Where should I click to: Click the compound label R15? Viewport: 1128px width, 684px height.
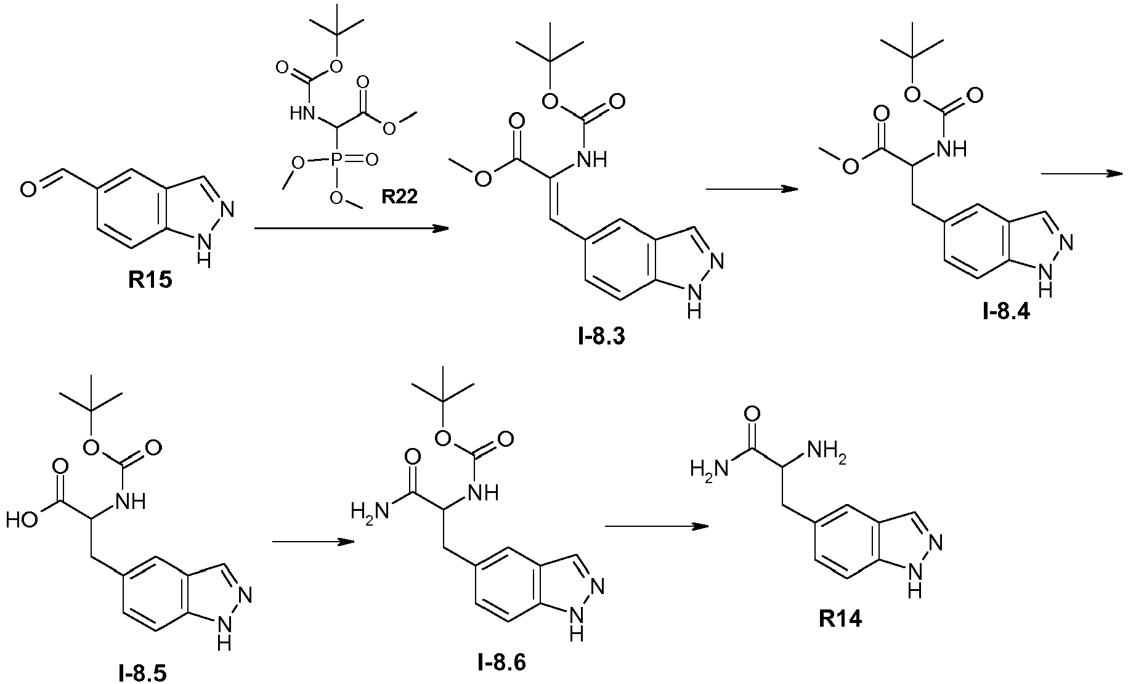tap(150, 280)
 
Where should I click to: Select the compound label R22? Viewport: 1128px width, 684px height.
tap(399, 196)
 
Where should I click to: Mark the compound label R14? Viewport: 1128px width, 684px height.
tap(840, 619)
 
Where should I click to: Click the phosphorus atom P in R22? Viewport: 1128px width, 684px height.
tap(337, 160)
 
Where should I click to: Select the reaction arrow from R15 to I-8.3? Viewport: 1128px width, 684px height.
tap(351, 229)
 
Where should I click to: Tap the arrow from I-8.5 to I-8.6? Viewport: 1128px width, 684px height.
tap(313, 542)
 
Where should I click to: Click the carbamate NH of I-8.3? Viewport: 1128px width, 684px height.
tap(593, 160)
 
